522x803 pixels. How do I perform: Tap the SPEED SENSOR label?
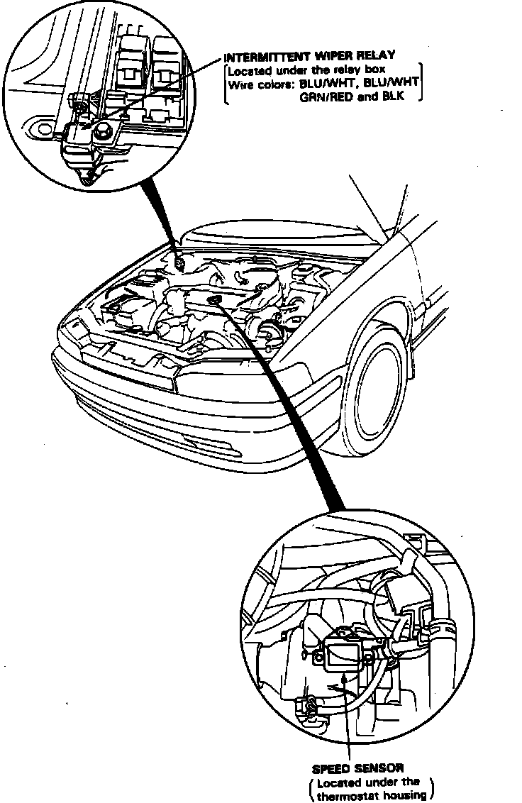[x=357, y=768]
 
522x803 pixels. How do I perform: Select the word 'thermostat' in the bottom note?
[x=348, y=794]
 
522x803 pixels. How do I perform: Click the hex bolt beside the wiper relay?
[x=103, y=130]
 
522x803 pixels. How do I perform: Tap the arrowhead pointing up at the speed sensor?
[x=346, y=679]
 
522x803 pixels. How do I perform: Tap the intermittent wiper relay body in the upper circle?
[x=82, y=142]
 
